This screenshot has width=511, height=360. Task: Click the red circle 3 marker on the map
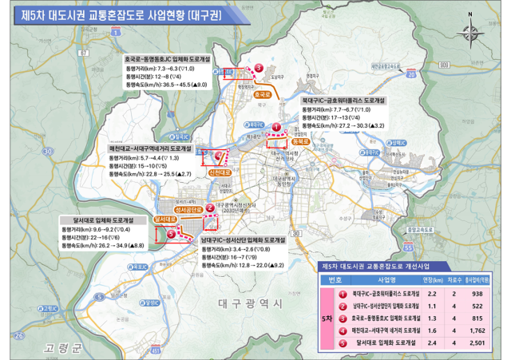[258, 69]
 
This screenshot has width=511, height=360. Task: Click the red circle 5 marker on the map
[171, 234]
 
